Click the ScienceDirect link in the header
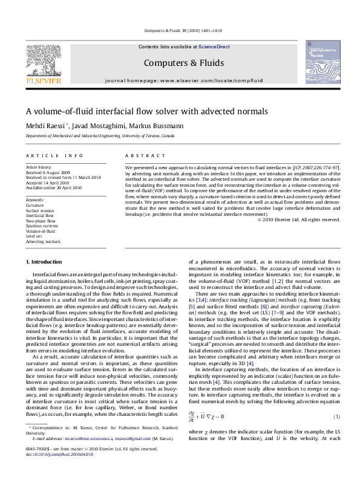[x=214, y=47]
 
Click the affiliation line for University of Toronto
[x=100, y=137]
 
